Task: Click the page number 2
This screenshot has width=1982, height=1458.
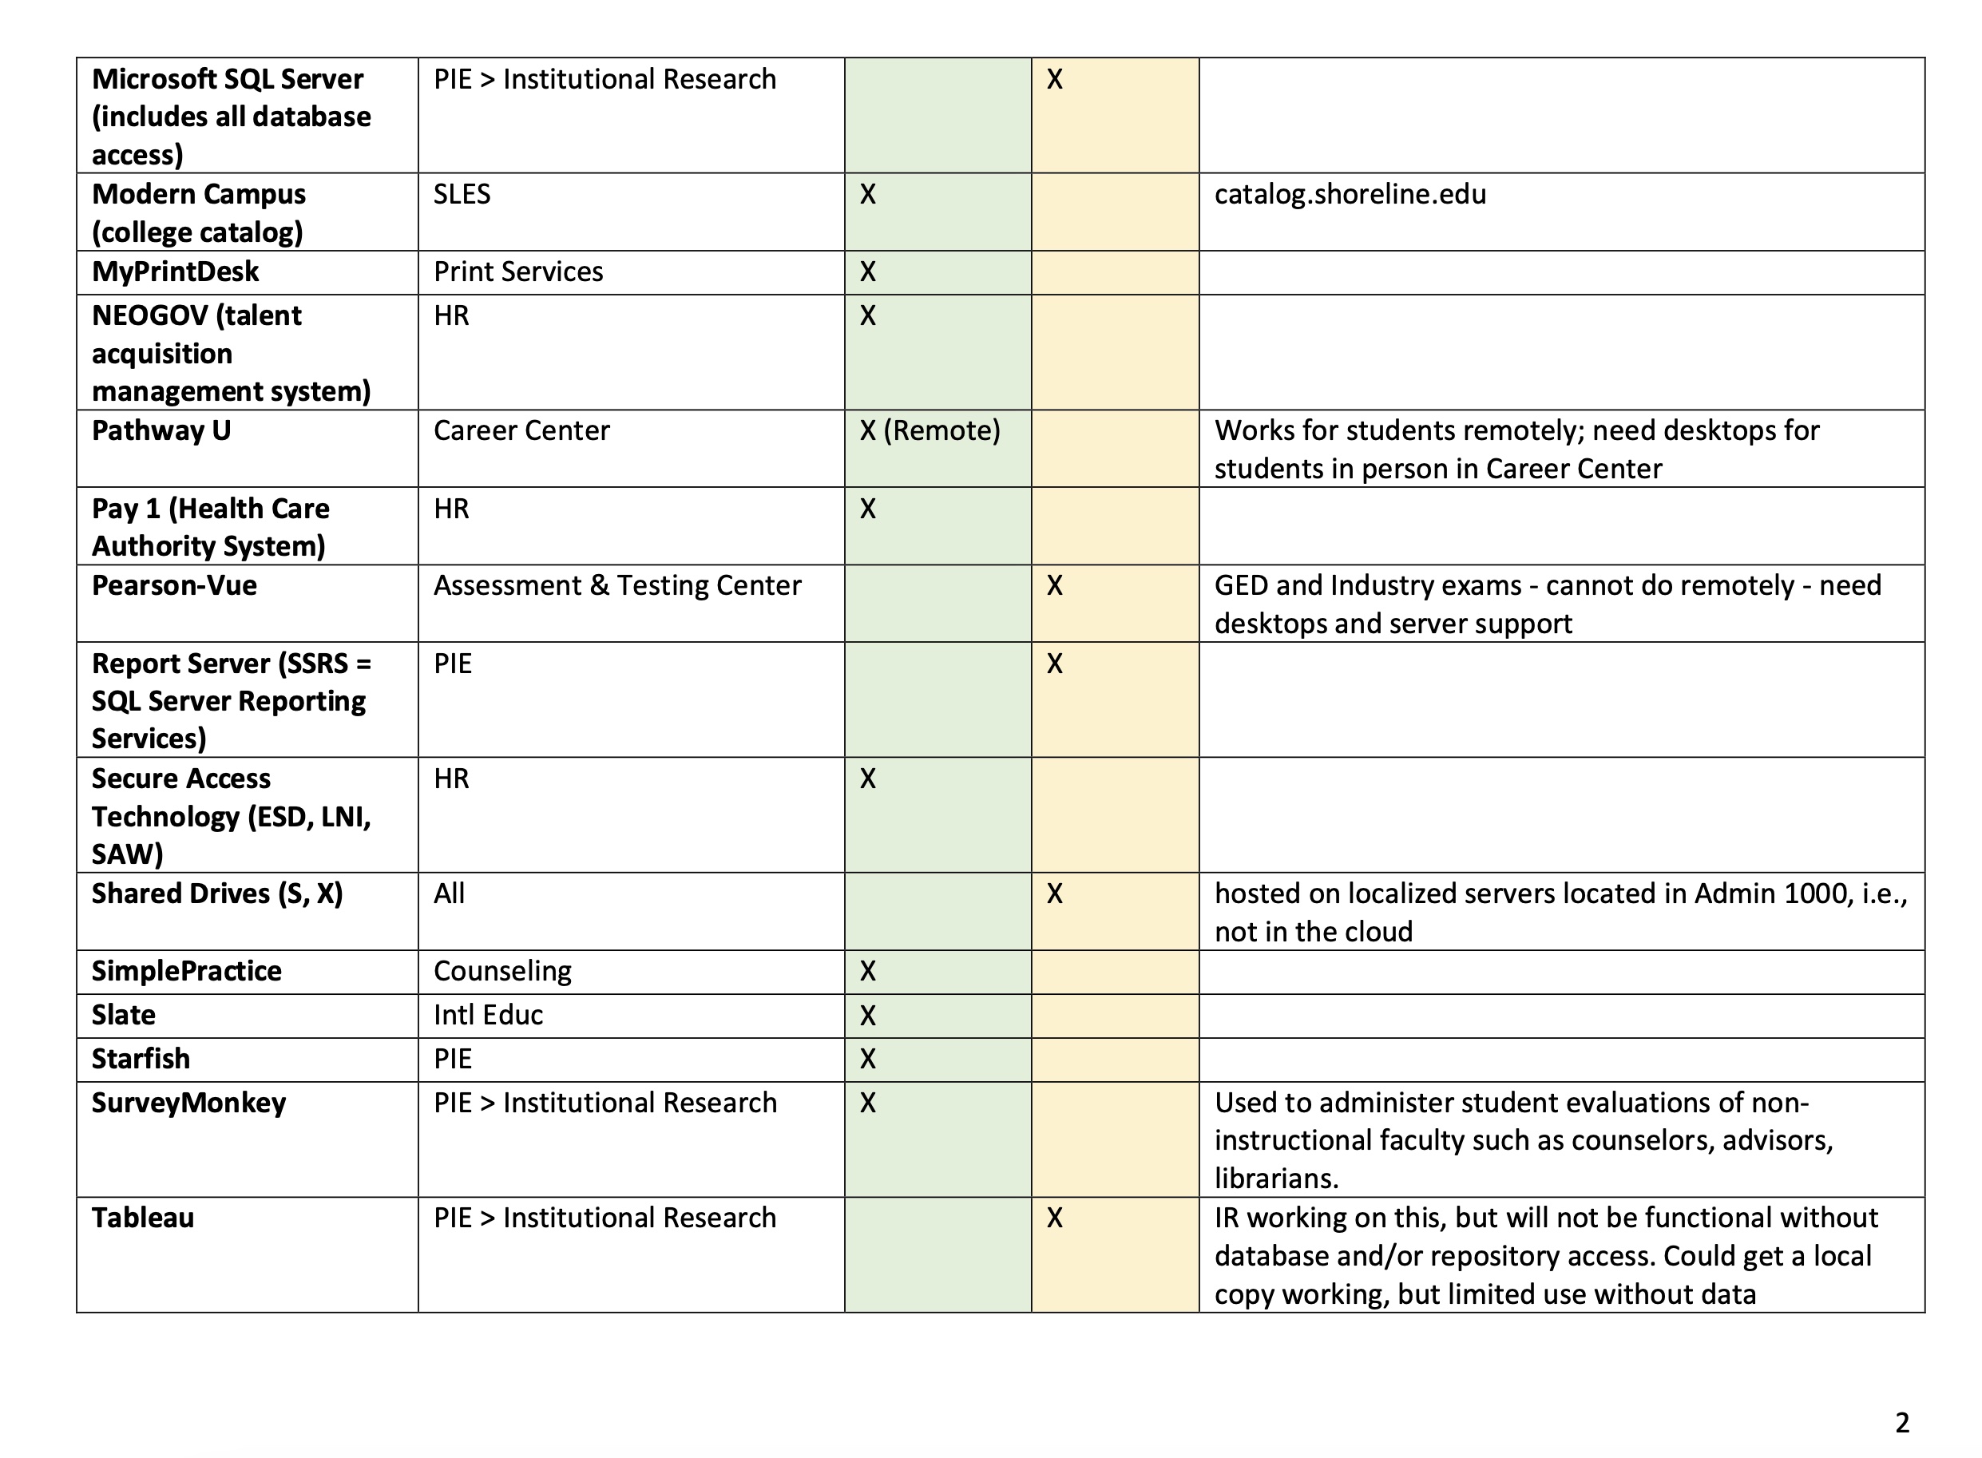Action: click(x=1901, y=1422)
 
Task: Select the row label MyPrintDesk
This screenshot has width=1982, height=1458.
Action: click(x=175, y=271)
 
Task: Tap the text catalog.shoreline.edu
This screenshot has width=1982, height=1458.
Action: click(x=1350, y=194)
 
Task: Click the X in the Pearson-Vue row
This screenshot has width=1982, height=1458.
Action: click(x=1055, y=585)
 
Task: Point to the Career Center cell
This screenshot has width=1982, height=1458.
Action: click(x=521, y=430)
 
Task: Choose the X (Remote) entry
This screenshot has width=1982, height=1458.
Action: click(x=930, y=430)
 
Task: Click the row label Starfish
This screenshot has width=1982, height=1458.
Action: click(x=141, y=1059)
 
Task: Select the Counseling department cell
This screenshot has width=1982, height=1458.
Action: click(x=502, y=971)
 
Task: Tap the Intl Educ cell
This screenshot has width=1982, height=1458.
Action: click(x=488, y=1015)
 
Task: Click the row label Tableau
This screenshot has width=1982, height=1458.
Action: click(x=142, y=1218)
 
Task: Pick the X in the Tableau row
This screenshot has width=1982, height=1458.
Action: click(x=1055, y=1218)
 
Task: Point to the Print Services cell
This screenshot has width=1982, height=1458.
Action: click(x=518, y=271)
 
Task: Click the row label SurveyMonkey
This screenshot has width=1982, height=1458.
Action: click(x=188, y=1103)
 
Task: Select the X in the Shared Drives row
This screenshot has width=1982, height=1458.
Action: click(x=1055, y=894)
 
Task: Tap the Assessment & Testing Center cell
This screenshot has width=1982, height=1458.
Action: click(x=616, y=585)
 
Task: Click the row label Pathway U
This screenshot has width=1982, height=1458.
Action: click(x=161, y=430)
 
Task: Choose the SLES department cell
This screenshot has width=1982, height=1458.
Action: click(x=462, y=194)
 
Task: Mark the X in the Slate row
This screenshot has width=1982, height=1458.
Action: click(x=867, y=1015)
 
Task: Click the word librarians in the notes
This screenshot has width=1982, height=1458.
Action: click(x=1275, y=1179)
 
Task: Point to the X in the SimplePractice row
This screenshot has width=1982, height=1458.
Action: click(x=867, y=971)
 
